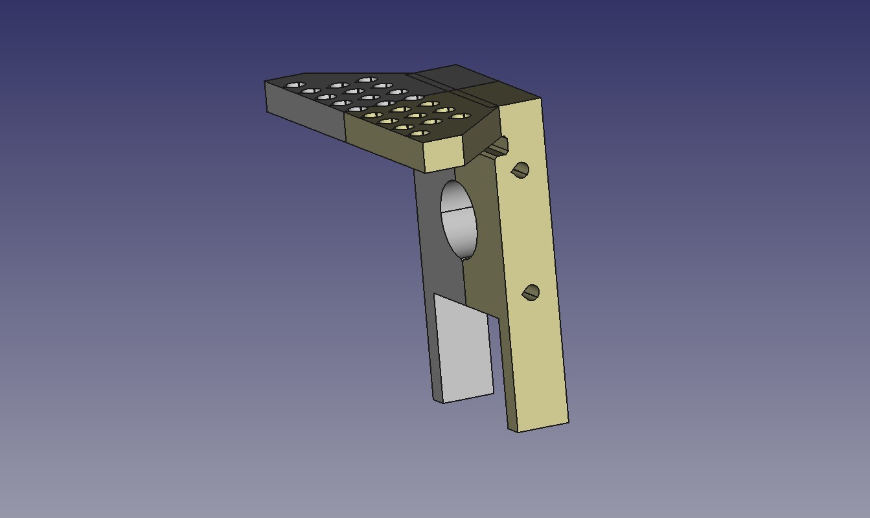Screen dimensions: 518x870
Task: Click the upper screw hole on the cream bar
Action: click(520, 170)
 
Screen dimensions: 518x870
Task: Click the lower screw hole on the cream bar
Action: click(531, 293)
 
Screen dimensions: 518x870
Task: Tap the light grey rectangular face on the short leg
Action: click(463, 350)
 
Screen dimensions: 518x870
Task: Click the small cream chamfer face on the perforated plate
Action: click(444, 155)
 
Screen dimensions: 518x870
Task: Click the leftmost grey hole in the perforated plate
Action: click(294, 85)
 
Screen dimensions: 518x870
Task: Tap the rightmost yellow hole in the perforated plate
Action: click(460, 117)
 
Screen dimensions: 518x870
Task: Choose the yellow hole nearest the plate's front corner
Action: click(419, 133)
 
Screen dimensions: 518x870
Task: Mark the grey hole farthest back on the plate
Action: click(367, 80)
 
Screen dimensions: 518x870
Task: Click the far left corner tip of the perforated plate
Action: click(266, 82)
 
